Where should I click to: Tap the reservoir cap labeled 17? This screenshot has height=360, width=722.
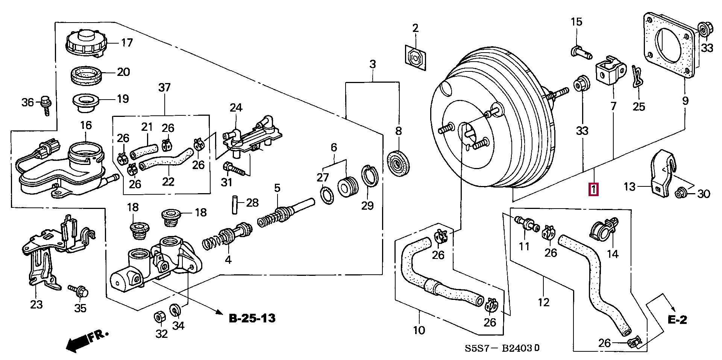click(x=86, y=44)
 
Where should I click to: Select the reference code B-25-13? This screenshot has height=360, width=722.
click(x=252, y=319)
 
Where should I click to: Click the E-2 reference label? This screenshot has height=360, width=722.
click(x=677, y=319)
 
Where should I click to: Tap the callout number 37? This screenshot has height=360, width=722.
click(x=164, y=88)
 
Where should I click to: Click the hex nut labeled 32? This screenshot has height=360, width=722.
click(x=159, y=317)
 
